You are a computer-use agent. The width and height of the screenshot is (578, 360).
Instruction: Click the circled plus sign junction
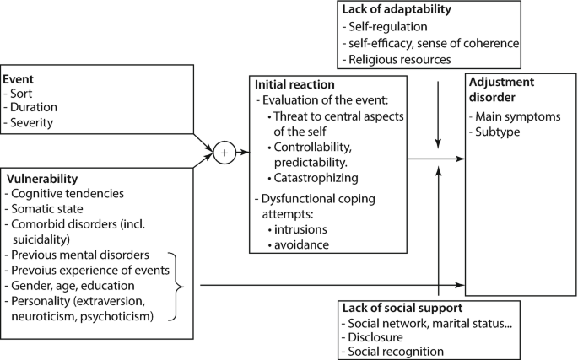coord(224,153)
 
